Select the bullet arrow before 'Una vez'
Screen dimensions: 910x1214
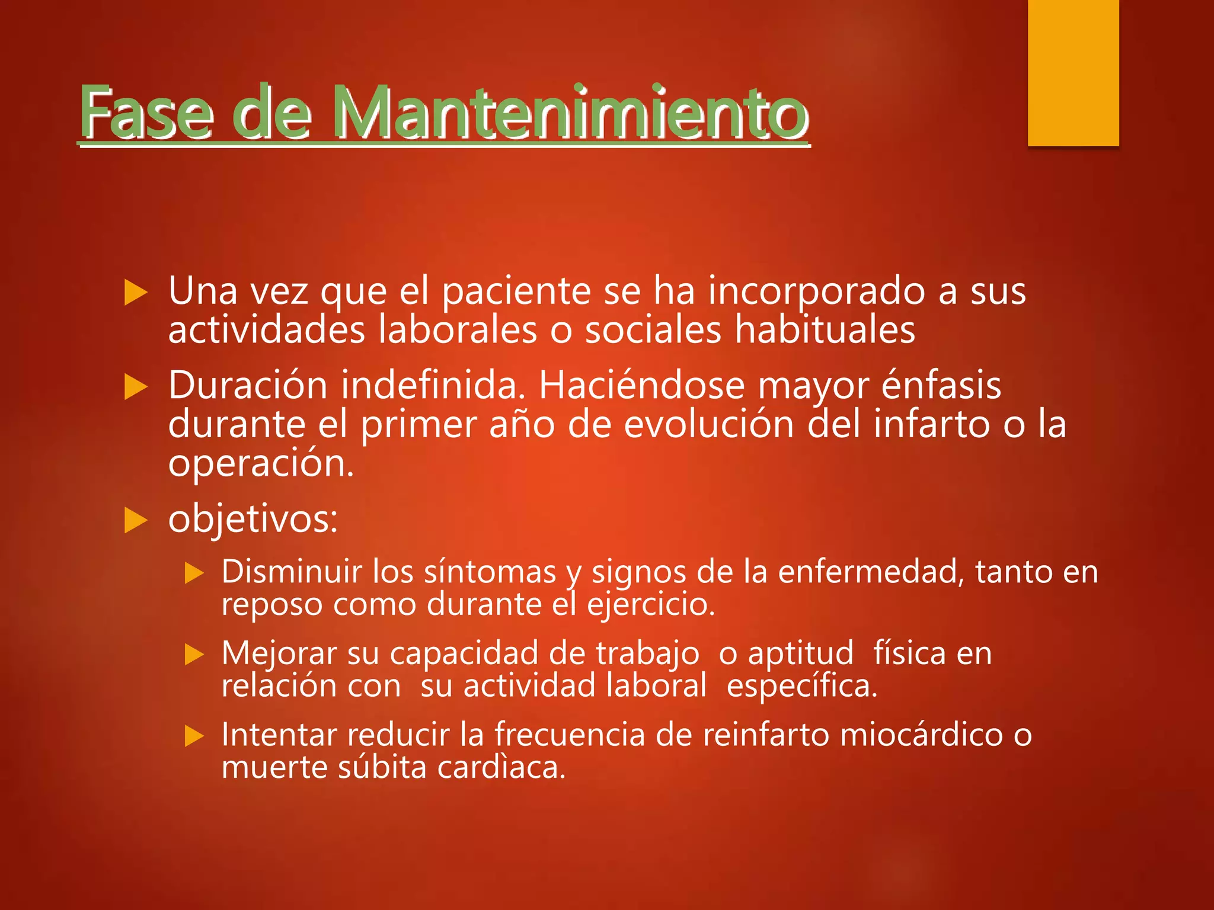[136, 293]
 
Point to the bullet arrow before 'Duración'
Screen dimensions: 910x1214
[136, 387]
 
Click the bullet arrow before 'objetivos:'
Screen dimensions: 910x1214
[136, 521]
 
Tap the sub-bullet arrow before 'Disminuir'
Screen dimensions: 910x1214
[194, 573]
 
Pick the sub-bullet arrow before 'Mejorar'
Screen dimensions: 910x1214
[194, 655]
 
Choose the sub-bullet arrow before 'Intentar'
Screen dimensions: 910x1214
[194, 736]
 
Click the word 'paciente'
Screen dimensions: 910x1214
[516, 291]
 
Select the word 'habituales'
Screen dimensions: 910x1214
[825, 330]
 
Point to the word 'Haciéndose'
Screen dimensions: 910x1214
[641, 386]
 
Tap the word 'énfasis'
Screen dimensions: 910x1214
[941, 386]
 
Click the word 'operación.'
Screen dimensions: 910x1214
[261, 464]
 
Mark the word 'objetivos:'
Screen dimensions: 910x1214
[253, 520]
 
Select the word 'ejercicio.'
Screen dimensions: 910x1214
[651, 605]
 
